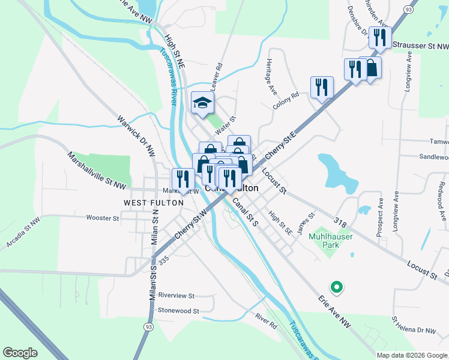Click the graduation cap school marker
tap(203, 103)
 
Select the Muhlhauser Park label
tap(330, 241)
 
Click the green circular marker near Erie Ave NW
tap(337, 287)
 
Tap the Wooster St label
tap(103, 218)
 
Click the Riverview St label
tap(176, 296)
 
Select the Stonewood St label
tap(178, 311)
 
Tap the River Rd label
tap(265, 320)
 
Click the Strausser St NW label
tap(420, 45)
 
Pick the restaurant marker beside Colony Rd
tap(322, 88)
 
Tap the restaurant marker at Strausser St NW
tap(379, 38)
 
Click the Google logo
tap(19, 352)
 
